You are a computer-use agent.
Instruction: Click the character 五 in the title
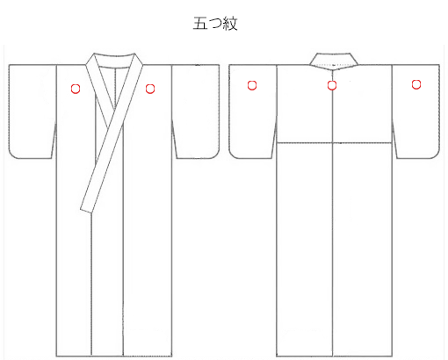pos(200,23)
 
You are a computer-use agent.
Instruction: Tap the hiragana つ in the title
pos(215,23)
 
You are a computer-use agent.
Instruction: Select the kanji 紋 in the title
pos(230,24)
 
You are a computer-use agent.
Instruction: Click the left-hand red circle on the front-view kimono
pos(76,89)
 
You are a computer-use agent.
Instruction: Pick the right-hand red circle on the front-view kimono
pos(150,89)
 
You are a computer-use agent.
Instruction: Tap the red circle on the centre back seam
pos(332,85)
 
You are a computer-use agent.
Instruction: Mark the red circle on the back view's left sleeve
pos(252,85)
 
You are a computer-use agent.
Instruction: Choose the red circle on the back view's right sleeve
pos(416,84)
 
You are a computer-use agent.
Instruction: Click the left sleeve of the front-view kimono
pos(33,112)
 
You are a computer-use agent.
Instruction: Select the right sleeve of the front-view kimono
pos(196,112)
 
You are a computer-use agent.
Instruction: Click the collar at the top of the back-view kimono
pos(334,61)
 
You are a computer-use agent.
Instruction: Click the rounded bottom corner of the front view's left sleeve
pos(12,155)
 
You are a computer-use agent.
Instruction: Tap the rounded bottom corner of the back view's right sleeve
pos(436,155)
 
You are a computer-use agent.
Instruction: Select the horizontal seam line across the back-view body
pos(334,143)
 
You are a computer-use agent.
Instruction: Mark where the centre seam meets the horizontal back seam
pos(333,143)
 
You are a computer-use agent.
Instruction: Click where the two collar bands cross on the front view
pos(117,112)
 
